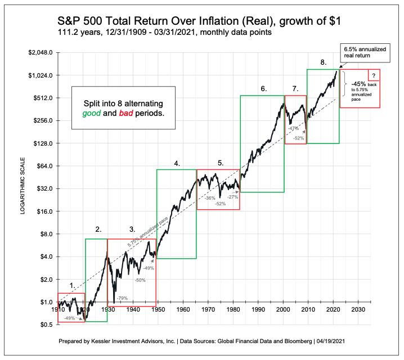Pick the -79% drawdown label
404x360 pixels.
coord(122,298)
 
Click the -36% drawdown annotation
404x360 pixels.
coord(210,199)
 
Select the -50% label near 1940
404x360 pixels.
coord(140,280)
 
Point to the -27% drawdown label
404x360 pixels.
coord(233,197)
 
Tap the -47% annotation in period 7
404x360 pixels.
coord(293,128)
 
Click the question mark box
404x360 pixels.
coord(374,75)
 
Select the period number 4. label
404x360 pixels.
coord(177,164)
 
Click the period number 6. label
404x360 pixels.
coord(263,89)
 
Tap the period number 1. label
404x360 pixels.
coord(72,286)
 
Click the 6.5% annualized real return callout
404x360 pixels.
coord(364,53)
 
